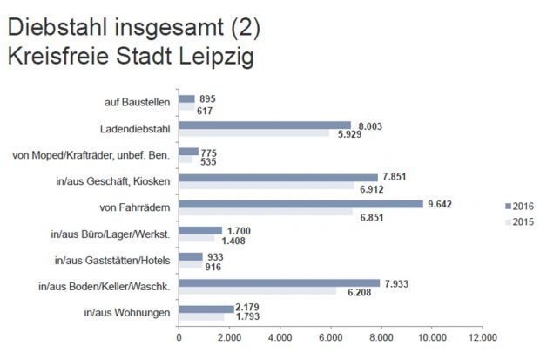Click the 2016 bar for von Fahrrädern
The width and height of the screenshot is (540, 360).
click(x=300, y=204)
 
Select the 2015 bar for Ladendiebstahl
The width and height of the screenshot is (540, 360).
click(x=254, y=134)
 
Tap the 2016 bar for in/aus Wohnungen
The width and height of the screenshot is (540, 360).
click(x=206, y=308)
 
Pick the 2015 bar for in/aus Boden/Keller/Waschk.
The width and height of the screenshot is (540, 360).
click(x=257, y=290)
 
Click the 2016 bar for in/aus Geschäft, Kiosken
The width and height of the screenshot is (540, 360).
click(x=278, y=178)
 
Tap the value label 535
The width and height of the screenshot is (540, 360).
click(x=210, y=162)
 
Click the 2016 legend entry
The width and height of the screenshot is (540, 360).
click(x=519, y=206)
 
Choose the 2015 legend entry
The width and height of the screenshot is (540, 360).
click(x=519, y=223)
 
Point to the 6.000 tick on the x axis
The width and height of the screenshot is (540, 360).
click(x=330, y=338)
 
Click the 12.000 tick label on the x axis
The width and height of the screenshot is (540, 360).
click(x=482, y=338)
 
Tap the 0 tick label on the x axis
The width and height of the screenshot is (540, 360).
click(x=178, y=338)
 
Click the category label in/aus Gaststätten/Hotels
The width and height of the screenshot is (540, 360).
click(x=112, y=260)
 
